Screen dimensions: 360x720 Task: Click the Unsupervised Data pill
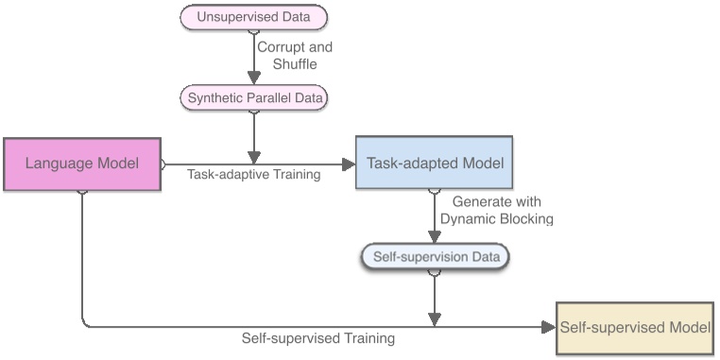coord(253,16)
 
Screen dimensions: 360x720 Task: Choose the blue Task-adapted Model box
coord(436,163)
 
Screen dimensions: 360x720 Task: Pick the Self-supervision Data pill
coord(436,255)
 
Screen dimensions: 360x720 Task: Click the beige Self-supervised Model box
coord(635,328)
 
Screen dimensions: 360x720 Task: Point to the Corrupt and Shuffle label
coord(295,56)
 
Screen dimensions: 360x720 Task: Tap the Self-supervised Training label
coord(317,337)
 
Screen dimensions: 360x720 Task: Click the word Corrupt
coord(281,46)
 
